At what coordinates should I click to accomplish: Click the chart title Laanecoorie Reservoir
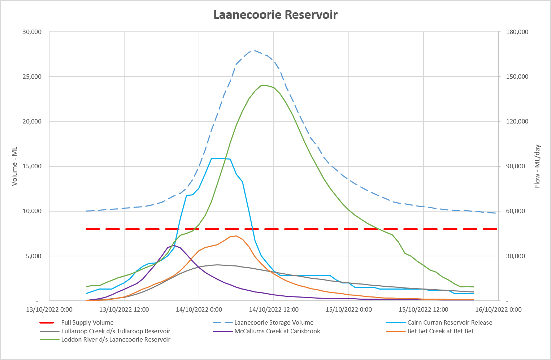tap(275, 15)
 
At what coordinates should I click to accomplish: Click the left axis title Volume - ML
tap(15, 166)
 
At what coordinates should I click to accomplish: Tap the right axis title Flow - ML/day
tap(537, 166)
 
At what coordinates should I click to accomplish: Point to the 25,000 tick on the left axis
tap(32, 77)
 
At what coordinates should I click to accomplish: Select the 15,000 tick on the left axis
tap(32, 166)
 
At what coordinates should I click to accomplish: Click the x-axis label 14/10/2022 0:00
tap(199, 309)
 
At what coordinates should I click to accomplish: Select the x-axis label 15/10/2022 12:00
tap(423, 309)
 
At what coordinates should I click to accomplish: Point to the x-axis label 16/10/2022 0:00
tap(498, 309)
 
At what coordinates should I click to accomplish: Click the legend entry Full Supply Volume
tap(87, 322)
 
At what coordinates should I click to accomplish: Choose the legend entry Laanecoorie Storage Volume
tap(274, 322)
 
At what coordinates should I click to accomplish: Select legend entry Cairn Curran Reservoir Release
tap(450, 322)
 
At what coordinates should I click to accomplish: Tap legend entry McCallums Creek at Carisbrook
tap(277, 331)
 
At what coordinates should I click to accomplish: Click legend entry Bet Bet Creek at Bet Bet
tap(440, 331)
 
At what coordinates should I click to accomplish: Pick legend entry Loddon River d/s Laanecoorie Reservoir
tap(116, 339)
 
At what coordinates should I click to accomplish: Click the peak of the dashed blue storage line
tap(254, 51)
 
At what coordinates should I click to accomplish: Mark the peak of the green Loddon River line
tap(264, 85)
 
